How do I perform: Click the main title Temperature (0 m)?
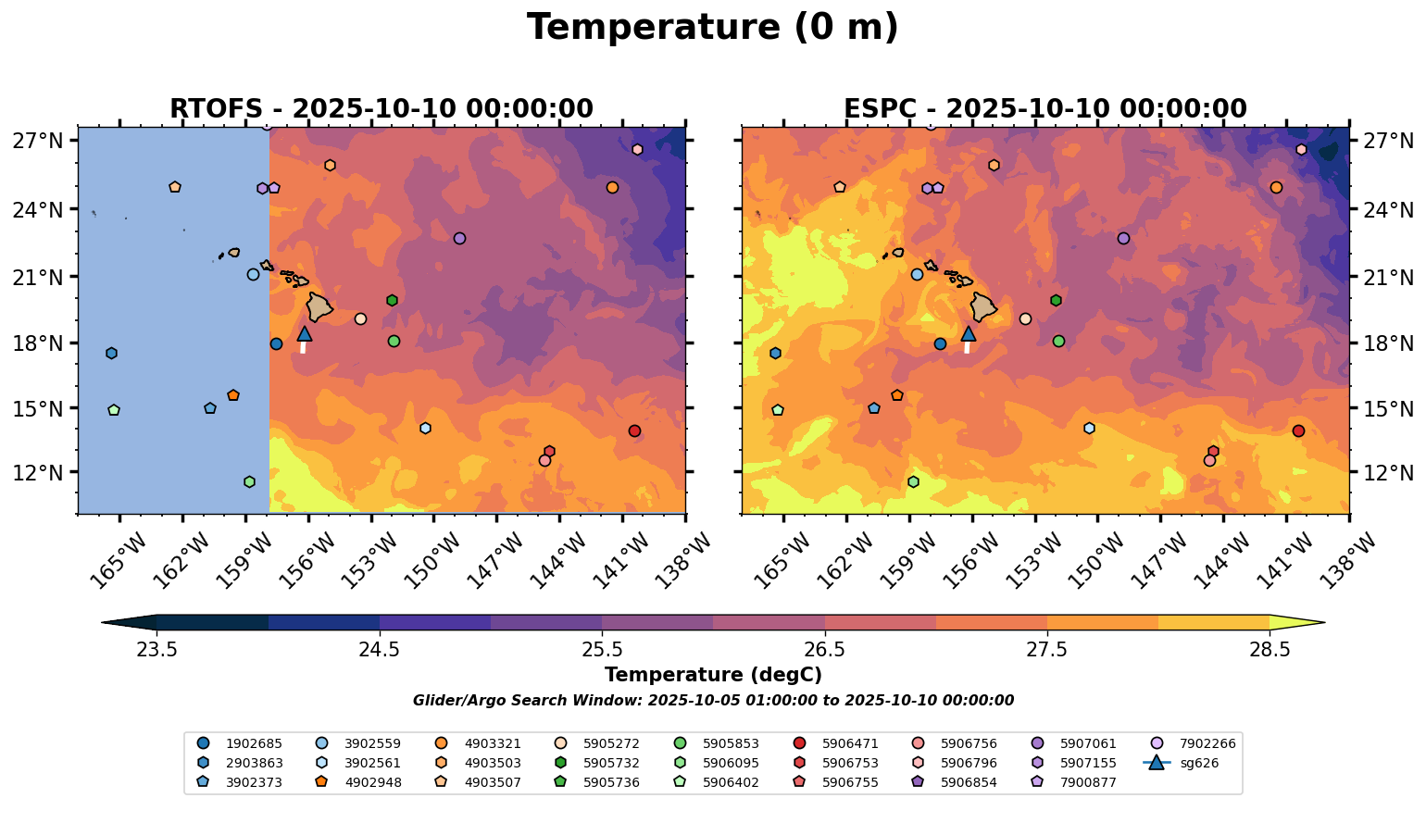[712, 28]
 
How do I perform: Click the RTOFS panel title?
[381, 109]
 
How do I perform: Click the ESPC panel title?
[1044, 109]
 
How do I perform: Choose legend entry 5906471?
[849, 743]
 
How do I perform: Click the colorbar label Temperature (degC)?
[712, 676]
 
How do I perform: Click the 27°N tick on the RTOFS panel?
[38, 142]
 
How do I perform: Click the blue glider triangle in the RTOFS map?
[305, 334]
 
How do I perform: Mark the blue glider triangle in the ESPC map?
[969, 334]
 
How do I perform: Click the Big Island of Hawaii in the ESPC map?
[982, 306]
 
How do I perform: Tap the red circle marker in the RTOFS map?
[634, 431]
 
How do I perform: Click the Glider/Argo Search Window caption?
[712, 701]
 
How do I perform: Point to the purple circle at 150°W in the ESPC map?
[1123, 239]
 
